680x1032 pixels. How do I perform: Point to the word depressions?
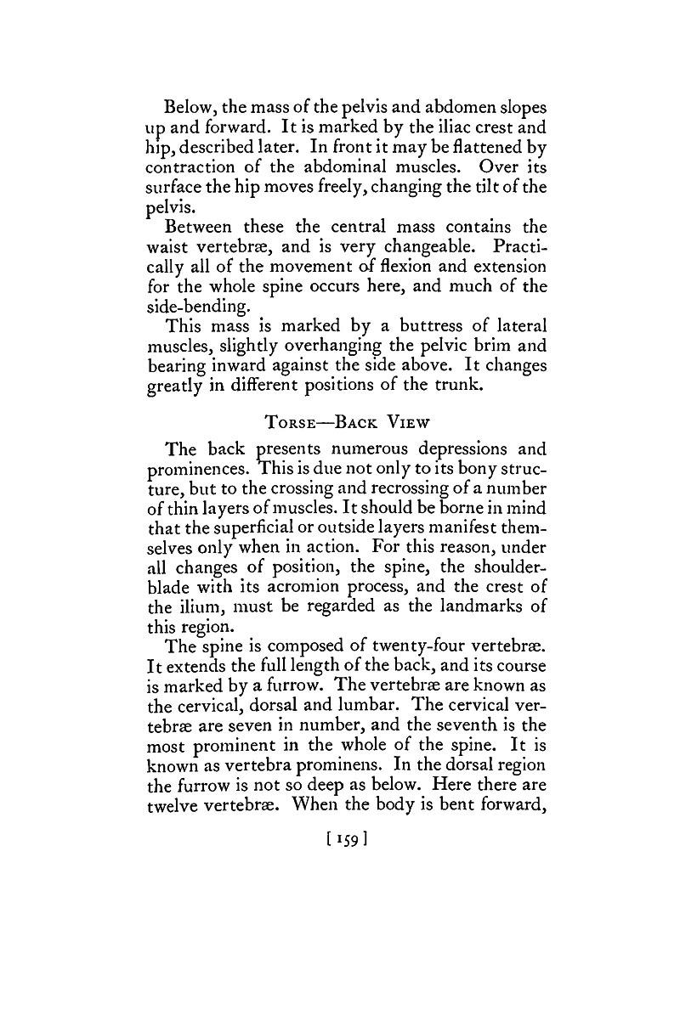point(479,449)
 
